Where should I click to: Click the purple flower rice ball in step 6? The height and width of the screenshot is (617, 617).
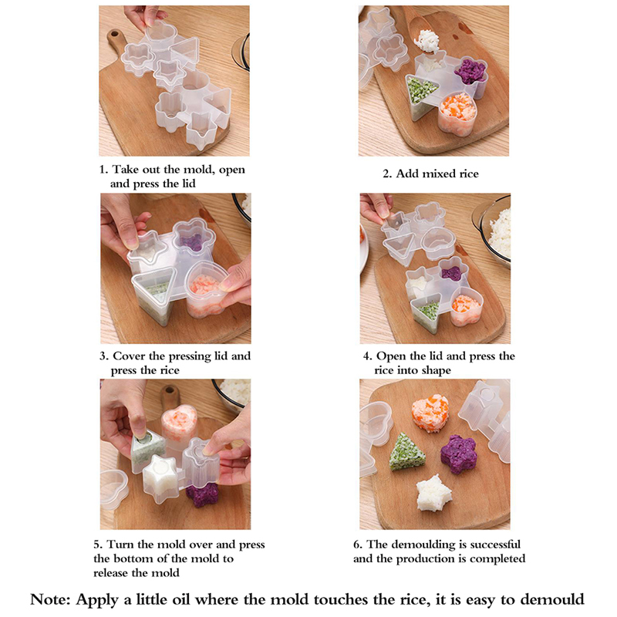[458, 454]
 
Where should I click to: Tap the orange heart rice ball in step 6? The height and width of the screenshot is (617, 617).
[430, 413]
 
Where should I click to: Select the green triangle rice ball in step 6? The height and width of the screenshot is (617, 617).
[407, 453]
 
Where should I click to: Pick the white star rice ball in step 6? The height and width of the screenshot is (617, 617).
[433, 494]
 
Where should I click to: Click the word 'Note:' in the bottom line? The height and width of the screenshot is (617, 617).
[50, 599]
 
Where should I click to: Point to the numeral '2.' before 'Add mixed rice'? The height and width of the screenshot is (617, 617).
[388, 174]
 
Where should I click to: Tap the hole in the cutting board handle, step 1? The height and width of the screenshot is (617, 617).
[115, 34]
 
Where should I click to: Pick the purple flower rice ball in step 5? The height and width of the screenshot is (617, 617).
[203, 494]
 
